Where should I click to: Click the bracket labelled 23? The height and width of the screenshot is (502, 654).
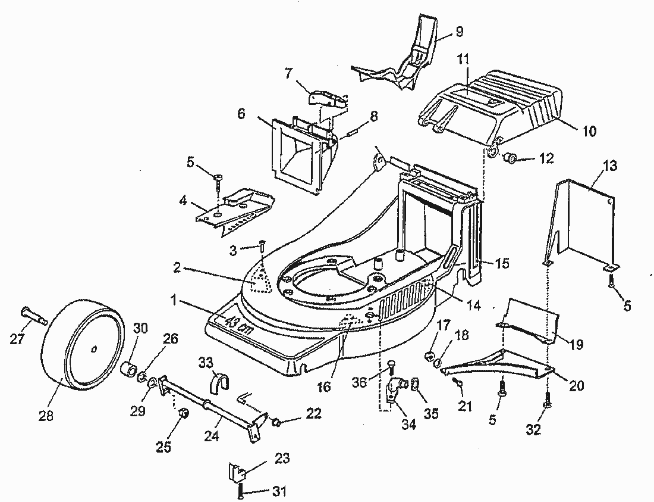(x=237, y=473)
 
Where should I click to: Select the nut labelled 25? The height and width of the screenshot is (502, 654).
(x=184, y=413)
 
